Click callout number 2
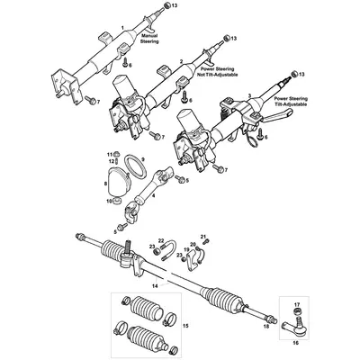(183, 61)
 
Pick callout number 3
(248, 95)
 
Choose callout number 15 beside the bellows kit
(185, 323)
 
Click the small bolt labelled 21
(203, 239)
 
